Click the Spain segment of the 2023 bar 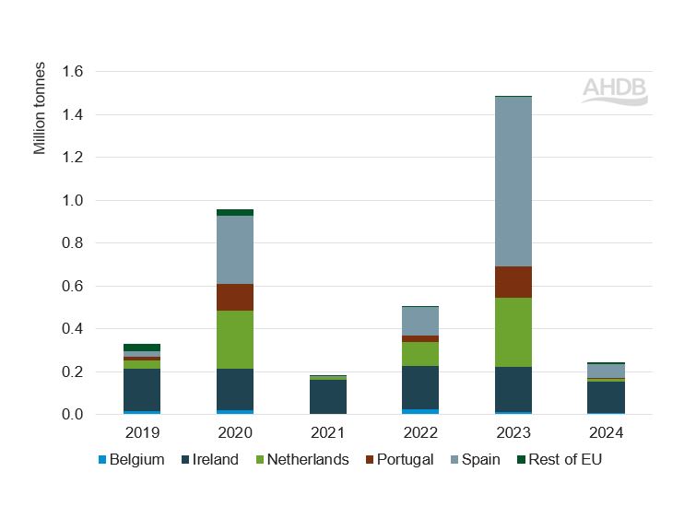513,181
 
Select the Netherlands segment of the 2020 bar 235,339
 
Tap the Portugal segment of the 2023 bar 513,282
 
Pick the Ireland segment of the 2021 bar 327,396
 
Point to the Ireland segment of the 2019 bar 142,390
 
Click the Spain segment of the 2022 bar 420,321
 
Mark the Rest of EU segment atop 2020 235,212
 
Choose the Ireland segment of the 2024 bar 606,397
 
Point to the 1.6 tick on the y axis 72,72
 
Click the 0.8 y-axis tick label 72,243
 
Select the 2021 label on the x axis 327,432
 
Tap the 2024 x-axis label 606,432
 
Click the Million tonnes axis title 40,109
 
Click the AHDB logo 615,90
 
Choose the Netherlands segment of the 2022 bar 420,354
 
